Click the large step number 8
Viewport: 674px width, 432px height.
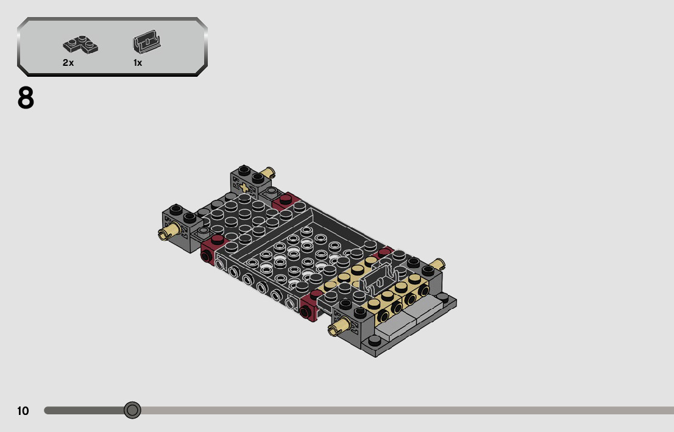click(x=26, y=98)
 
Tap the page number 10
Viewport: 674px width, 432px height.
click(x=23, y=411)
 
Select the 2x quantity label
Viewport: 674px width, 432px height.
click(x=68, y=63)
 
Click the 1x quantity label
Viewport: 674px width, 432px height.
click(x=138, y=63)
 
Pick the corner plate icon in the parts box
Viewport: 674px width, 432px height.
click(x=80, y=44)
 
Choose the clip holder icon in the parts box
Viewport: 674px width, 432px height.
click(x=147, y=41)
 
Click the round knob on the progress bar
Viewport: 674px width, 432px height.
click(x=132, y=410)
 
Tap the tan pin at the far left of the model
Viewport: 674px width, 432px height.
click(x=168, y=232)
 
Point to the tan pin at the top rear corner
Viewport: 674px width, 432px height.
click(x=268, y=173)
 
